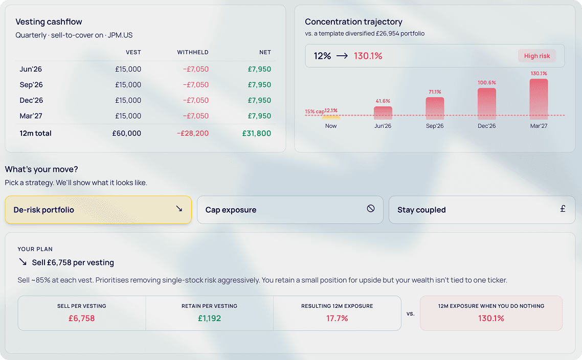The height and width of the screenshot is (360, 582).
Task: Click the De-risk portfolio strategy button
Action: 98,210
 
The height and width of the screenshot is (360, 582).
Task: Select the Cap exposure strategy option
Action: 289,210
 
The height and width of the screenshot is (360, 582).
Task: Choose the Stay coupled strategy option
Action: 482,210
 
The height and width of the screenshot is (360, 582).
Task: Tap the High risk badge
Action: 536,56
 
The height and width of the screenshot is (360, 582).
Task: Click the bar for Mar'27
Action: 539,99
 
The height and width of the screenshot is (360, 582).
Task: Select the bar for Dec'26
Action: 486,104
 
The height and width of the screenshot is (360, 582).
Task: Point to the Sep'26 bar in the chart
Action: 435,108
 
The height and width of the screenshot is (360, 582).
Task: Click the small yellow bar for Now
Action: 331,118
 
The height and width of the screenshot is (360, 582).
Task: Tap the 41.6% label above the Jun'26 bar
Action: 383,101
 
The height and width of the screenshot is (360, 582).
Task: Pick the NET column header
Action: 265,52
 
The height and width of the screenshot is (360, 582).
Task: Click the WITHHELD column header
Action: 193,52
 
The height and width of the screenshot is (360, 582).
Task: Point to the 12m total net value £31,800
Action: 257,133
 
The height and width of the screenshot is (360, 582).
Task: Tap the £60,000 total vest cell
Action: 127,133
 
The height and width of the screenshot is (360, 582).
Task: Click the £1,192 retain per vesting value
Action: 209,318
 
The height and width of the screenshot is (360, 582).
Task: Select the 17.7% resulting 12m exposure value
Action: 337,318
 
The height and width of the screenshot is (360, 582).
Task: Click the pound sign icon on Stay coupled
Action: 563,209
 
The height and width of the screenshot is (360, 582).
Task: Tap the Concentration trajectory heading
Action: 353,22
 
